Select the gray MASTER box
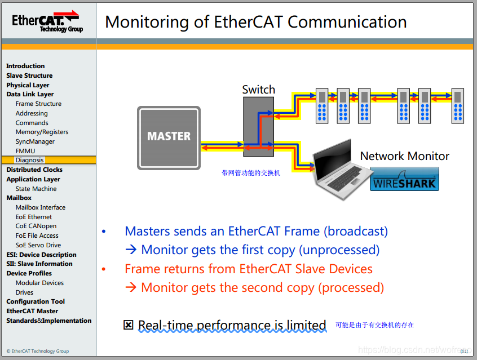(x=169, y=136)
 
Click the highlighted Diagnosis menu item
(x=29, y=160)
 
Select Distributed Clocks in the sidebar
(x=34, y=170)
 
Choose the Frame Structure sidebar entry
(x=38, y=104)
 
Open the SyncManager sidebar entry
(x=35, y=141)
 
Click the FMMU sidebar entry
(x=25, y=151)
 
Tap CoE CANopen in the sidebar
(x=36, y=226)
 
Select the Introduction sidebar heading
(x=25, y=66)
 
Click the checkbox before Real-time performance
(x=129, y=325)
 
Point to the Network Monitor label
(x=404, y=156)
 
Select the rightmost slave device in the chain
(x=457, y=105)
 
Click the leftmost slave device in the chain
(x=322, y=105)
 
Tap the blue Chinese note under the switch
(x=251, y=173)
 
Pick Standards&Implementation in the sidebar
(x=48, y=321)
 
